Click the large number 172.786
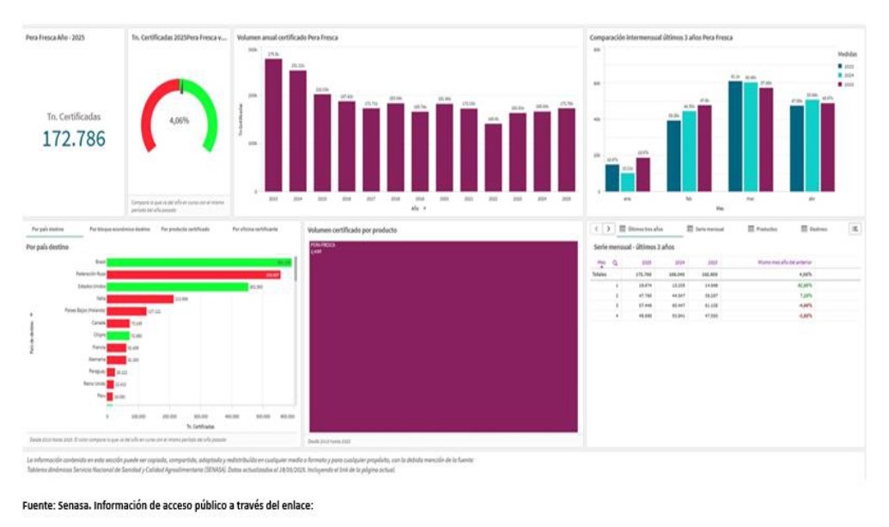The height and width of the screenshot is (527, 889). click(74, 138)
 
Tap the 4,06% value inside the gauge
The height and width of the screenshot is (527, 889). click(180, 120)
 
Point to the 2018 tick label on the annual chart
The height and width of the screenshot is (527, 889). click(395, 198)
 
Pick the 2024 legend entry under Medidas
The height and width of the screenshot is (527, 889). click(846, 75)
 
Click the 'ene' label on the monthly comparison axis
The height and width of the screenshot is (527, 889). click(628, 198)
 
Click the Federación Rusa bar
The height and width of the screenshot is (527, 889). click(193, 274)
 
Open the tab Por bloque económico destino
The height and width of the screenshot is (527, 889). click(119, 230)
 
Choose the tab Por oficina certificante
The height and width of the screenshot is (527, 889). click(255, 230)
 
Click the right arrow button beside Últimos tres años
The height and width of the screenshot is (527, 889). click(609, 229)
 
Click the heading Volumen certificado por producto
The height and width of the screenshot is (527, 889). click(352, 230)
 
